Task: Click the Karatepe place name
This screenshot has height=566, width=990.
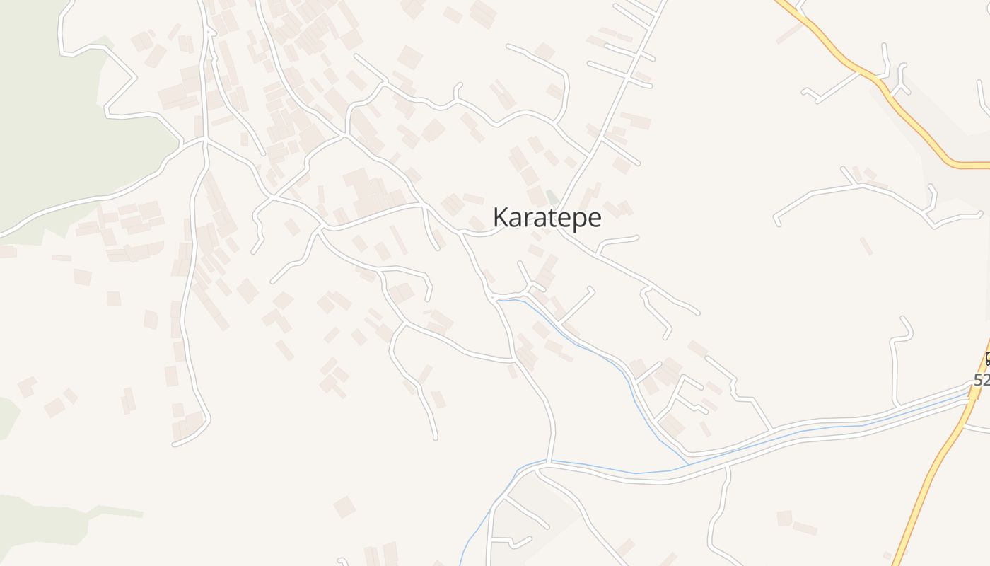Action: point(547,218)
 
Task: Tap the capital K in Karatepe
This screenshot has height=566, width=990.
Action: point(500,217)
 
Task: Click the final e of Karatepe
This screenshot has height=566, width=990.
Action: point(595,219)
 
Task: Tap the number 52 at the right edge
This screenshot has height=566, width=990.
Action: point(982,380)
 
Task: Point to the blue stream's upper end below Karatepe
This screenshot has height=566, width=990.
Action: point(499,300)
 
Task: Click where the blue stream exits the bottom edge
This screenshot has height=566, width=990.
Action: point(460,564)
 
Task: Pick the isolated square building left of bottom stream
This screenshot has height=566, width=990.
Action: point(344,507)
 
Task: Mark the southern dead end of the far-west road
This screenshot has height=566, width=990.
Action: point(175,444)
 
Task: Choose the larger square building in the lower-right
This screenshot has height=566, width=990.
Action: point(784,518)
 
